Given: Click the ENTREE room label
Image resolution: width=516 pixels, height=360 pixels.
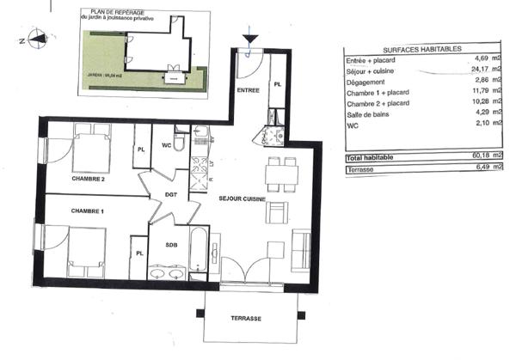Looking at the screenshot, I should coord(248,89).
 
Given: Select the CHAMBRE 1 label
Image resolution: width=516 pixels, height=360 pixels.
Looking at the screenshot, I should coord(87,211).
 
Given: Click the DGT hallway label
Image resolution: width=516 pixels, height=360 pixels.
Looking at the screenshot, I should coord(170,195).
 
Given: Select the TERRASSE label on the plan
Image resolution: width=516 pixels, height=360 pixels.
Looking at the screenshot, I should coord(246,318).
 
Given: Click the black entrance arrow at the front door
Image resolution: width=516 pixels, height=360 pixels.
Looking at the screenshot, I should coord(249,40).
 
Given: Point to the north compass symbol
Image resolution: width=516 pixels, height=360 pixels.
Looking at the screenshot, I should coord(35,37).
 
